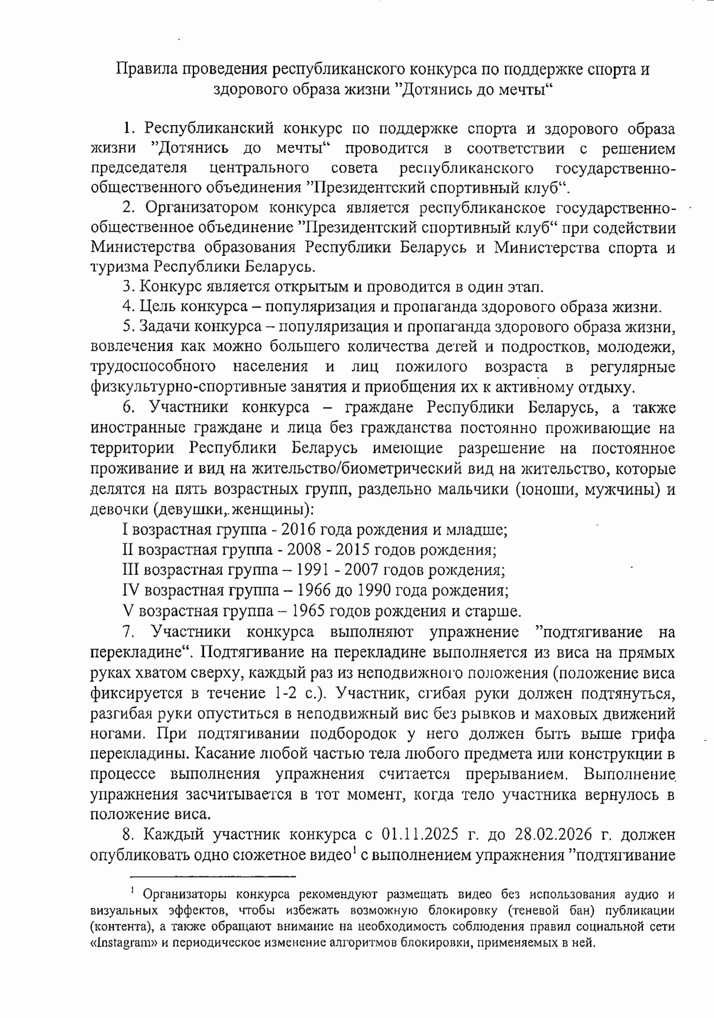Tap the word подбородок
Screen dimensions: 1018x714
coord(352,734)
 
